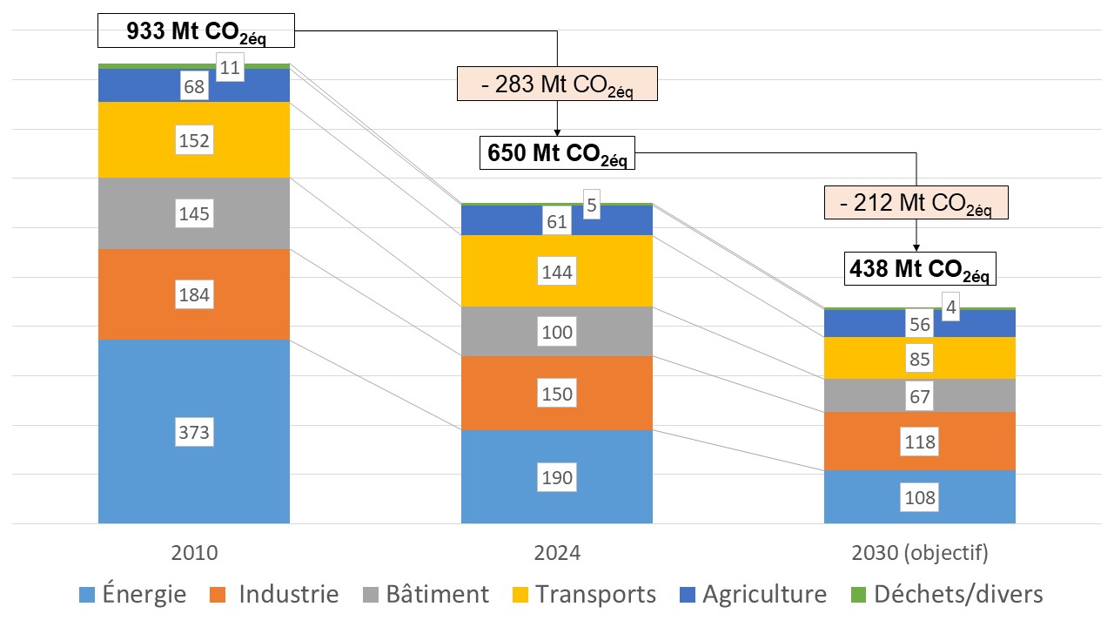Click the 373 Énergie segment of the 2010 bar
pyautogui.click(x=193, y=431)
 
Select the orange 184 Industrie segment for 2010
pyautogui.click(x=193, y=294)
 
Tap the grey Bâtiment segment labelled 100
pyautogui.click(x=557, y=332)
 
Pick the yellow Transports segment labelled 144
pyautogui.click(x=557, y=272)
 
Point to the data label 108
pyautogui.click(x=920, y=498)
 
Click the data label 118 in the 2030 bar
pyautogui.click(x=920, y=442)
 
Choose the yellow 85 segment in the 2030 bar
pyautogui.click(x=920, y=358)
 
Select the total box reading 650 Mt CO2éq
pyautogui.click(x=557, y=152)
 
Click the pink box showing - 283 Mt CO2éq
pyautogui.click(x=557, y=87)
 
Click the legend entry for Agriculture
pyautogui.click(x=753, y=595)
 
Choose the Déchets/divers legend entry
pyautogui.click(x=946, y=595)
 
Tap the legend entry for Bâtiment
pyautogui.click(x=426, y=595)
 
